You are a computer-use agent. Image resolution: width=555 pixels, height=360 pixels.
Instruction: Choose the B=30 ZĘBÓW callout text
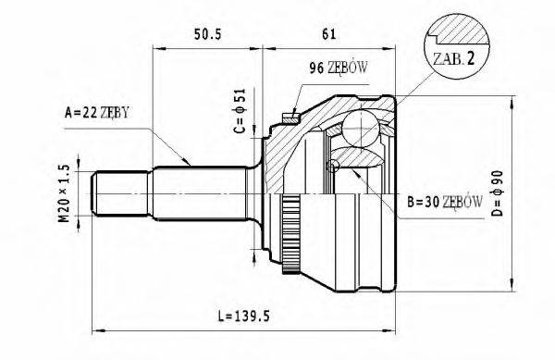coord(443,201)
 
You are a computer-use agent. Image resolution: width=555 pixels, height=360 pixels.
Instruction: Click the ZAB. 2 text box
coord(453,57)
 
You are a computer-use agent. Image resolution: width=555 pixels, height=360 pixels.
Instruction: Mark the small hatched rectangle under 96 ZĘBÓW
coord(289,118)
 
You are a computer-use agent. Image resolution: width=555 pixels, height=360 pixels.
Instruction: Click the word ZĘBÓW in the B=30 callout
coord(463,201)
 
